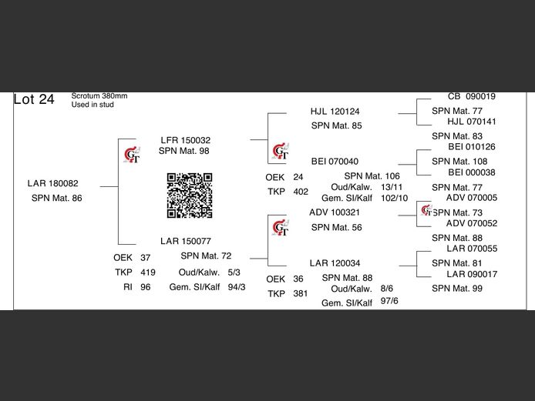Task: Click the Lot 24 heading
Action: (34, 99)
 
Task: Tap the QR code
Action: (190, 195)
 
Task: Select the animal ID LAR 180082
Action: (53, 183)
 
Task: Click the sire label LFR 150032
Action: (186, 140)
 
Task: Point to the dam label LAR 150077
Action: (186, 241)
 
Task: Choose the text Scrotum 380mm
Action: (99, 96)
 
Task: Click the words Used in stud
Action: (93, 105)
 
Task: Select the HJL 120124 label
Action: (335, 112)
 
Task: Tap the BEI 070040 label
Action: (335, 161)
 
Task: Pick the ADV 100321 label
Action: (335, 212)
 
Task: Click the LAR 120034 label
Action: (335, 263)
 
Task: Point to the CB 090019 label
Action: (472, 96)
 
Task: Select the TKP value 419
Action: (148, 272)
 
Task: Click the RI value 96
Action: (146, 287)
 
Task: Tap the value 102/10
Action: (394, 198)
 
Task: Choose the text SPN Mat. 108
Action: (459, 162)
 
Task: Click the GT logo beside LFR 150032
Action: (132, 155)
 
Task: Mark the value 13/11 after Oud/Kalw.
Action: (392, 187)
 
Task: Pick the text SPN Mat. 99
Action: (457, 289)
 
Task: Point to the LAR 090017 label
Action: (472, 274)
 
